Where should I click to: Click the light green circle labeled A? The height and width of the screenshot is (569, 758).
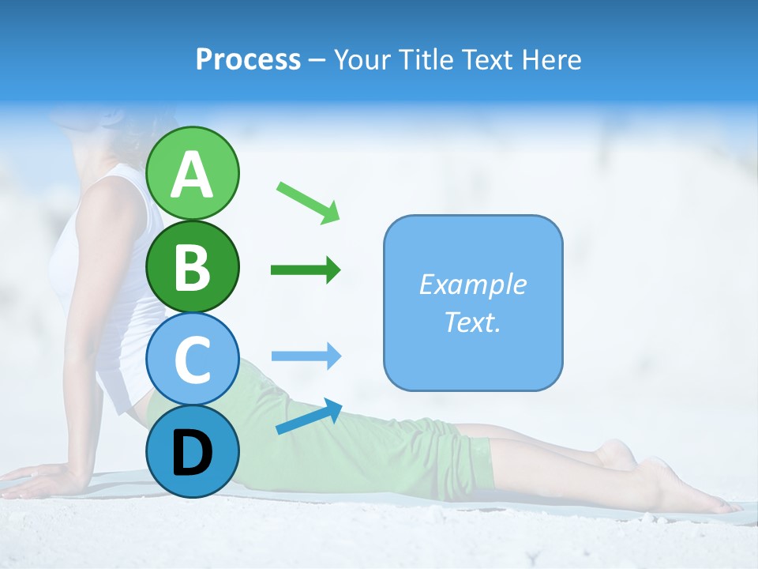(x=193, y=173)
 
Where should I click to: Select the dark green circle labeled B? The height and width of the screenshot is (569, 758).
(x=193, y=267)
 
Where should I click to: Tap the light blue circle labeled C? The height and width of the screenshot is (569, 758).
(x=193, y=360)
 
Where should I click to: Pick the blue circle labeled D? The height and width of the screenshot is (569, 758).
(x=193, y=451)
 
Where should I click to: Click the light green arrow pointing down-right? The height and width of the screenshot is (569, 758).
(x=308, y=202)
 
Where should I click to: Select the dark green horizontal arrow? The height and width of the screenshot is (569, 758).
(x=306, y=270)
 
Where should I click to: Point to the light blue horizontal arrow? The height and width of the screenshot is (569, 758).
(x=306, y=356)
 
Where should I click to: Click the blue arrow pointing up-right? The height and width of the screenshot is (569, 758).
(x=309, y=416)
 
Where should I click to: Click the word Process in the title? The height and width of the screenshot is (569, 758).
(x=248, y=60)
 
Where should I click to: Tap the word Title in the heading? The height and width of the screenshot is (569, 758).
(x=426, y=60)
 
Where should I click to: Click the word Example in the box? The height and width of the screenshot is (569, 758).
(x=472, y=284)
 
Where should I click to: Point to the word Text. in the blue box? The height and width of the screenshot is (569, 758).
(x=472, y=322)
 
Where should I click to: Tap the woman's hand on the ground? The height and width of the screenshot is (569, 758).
(x=39, y=479)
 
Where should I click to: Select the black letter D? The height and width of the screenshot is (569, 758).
(x=193, y=453)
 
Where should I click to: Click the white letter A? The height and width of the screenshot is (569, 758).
(x=193, y=175)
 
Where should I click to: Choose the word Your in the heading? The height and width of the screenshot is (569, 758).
(x=359, y=60)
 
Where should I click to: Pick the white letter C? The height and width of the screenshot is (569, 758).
(x=193, y=360)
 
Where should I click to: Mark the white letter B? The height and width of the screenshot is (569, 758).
(x=193, y=268)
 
